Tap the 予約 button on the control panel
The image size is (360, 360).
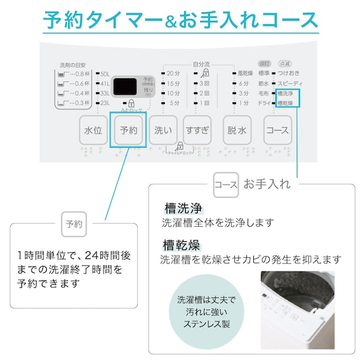pos(128,131)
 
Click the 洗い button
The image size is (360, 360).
pos(162,131)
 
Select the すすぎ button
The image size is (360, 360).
pos(197,131)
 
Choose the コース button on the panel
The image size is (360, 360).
pos(278,131)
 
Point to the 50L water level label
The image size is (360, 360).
pos(105,75)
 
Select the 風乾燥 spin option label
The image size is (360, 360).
pos(244,74)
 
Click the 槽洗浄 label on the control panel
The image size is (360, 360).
pos(285,93)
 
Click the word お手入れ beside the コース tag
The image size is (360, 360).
pos(267,184)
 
